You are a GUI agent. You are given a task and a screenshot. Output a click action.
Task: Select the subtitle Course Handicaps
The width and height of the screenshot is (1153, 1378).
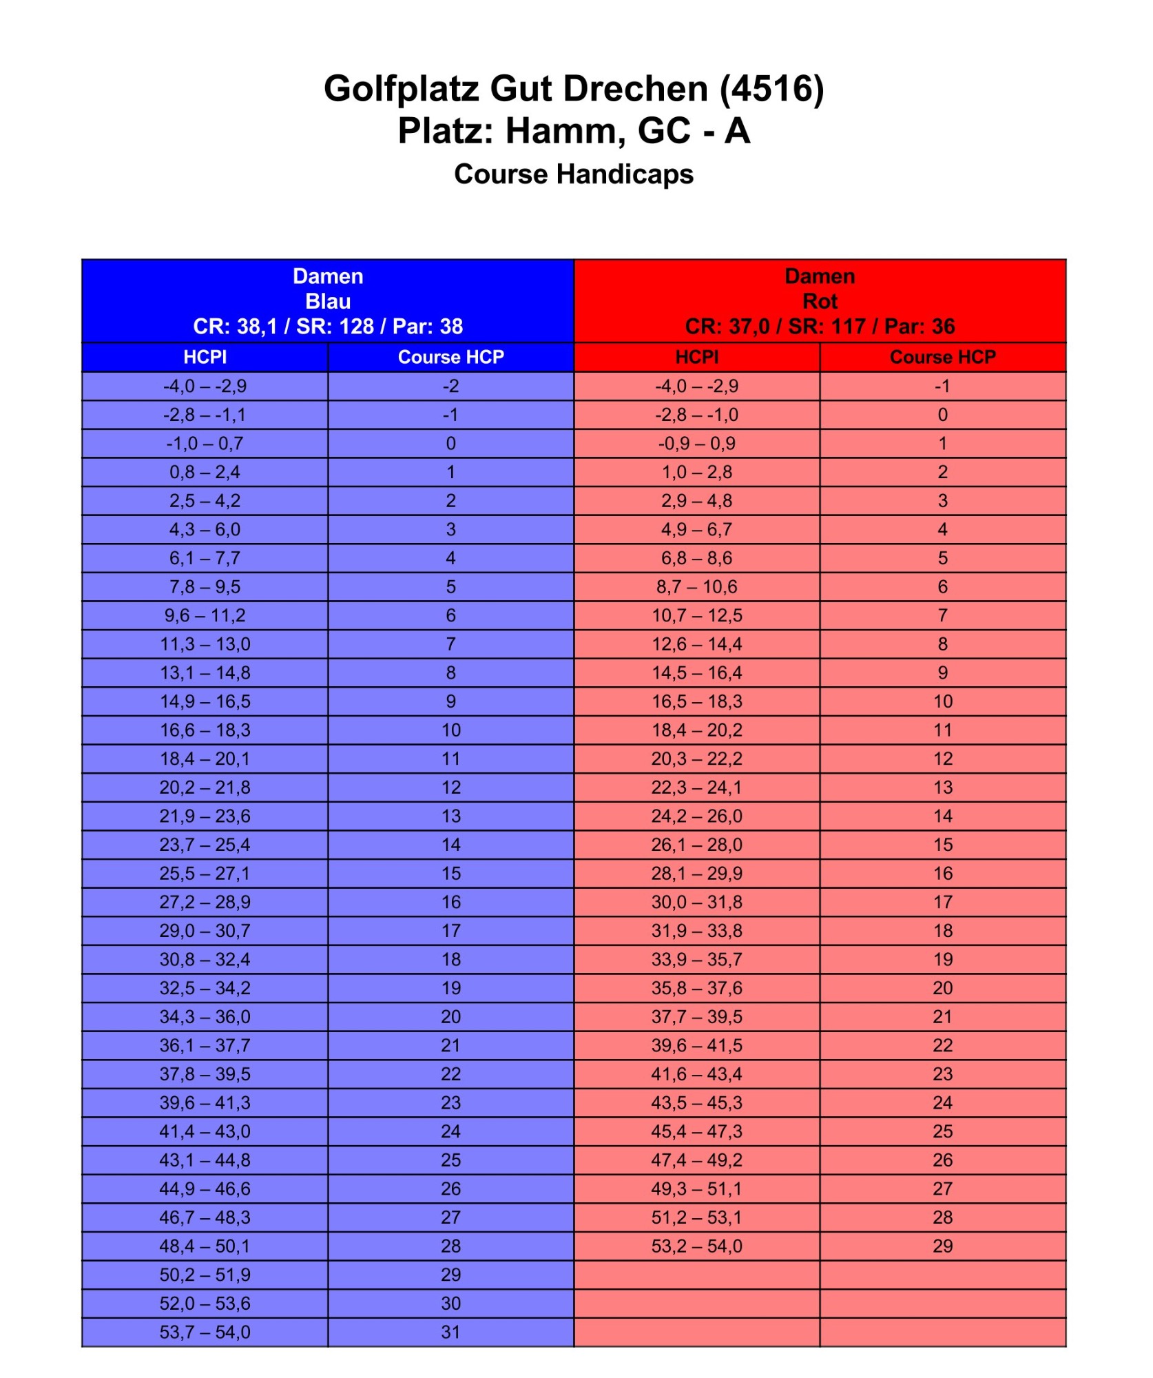[x=574, y=174]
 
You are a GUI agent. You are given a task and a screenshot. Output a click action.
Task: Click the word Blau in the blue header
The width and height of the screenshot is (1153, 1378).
[x=328, y=301]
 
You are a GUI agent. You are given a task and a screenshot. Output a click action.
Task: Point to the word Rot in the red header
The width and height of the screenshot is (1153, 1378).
[x=820, y=301]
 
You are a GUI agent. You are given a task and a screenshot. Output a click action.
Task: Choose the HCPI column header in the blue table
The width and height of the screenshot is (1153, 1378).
[x=205, y=357]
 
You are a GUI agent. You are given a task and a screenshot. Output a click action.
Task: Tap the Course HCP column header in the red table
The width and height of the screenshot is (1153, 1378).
[x=942, y=357]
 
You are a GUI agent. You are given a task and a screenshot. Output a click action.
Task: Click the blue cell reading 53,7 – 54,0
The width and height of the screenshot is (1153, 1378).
[x=205, y=1332]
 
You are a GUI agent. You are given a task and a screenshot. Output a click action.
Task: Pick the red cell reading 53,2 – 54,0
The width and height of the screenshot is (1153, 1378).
[x=696, y=1246]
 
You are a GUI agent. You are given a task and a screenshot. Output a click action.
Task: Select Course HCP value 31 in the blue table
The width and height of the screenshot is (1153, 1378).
[x=450, y=1332]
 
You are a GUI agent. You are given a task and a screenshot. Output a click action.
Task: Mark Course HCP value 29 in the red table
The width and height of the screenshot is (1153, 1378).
[x=942, y=1246]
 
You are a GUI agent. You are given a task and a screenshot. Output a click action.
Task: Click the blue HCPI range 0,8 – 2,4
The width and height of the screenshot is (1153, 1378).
[x=205, y=472]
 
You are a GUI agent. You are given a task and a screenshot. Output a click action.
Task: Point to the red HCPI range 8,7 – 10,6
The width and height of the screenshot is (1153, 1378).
[x=696, y=587]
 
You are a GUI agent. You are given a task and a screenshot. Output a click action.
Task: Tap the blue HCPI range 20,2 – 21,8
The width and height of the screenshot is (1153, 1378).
[x=205, y=788]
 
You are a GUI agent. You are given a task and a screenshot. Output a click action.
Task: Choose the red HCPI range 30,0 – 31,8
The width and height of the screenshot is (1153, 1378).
[x=696, y=902]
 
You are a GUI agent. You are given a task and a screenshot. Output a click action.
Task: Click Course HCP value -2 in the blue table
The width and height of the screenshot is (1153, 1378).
[x=450, y=386]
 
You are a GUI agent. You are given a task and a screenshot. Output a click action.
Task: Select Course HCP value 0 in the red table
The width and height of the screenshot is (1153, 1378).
[x=942, y=415]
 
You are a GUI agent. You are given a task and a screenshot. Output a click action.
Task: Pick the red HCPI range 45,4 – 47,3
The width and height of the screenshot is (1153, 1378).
[x=696, y=1131]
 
